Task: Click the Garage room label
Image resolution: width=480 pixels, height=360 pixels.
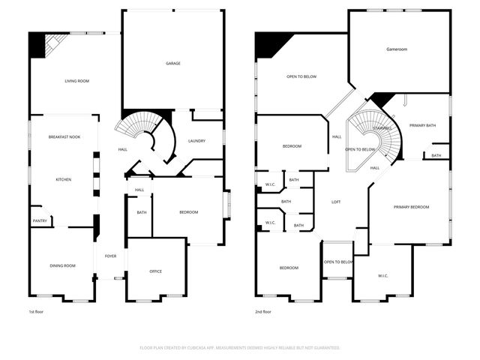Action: [x=172, y=64]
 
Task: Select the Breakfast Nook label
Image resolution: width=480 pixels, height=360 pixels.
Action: [x=63, y=137]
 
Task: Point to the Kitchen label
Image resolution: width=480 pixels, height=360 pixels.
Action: [x=63, y=180]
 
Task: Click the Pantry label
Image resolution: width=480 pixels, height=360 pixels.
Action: [x=39, y=220]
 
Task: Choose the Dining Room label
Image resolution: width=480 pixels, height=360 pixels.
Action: [x=62, y=266]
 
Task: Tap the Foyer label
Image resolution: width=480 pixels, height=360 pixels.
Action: [x=110, y=256]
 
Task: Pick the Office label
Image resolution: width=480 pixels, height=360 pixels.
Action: [x=155, y=271]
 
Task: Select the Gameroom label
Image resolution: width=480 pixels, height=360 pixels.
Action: [x=396, y=49]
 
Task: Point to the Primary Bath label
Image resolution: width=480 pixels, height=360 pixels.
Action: [x=422, y=125]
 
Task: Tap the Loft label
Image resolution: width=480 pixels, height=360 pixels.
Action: [x=337, y=202]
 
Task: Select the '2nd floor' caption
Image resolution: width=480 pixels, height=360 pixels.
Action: [x=262, y=311]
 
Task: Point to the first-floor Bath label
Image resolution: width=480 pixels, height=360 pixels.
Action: [x=142, y=212]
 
